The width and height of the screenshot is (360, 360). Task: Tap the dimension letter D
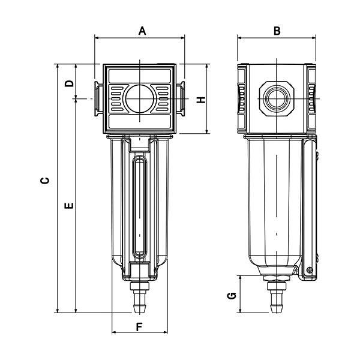pos(70,83)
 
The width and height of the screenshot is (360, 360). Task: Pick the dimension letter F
pos(140,327)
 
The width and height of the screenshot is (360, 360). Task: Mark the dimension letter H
pos(202,99)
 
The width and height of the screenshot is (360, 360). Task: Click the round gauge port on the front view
pos(139,98)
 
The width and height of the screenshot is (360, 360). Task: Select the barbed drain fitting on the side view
pos(276,297)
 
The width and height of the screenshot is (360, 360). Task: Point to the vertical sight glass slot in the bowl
pos(140,204)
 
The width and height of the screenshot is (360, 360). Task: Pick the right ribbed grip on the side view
pos(311,98)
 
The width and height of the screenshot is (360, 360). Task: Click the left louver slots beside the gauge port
pos(117,98)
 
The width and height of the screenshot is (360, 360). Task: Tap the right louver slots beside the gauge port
pos(162,98)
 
